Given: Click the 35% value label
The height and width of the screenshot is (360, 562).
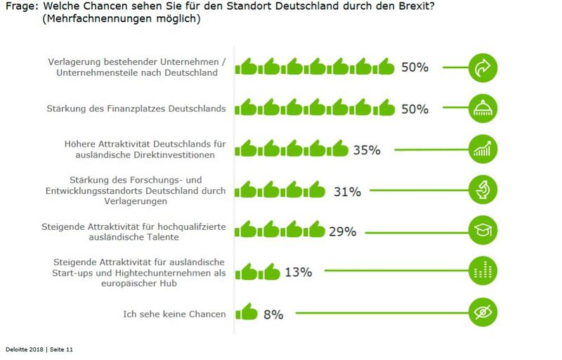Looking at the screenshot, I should point(366,150).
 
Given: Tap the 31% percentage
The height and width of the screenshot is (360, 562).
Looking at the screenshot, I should point(347,191).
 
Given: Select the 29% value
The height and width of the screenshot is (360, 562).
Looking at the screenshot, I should point(342,231).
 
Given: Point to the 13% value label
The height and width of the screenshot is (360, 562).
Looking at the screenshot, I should point(298,272).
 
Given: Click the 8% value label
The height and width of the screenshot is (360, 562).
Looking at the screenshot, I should point(273,314).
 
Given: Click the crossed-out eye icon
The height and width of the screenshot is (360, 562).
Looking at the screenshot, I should point(483,311).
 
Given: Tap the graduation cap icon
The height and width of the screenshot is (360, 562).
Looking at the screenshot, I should point(483,231).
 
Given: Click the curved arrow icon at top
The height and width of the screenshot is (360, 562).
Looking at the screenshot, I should point(483,68).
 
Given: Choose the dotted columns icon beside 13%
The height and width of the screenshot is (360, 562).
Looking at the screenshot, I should point(483,271).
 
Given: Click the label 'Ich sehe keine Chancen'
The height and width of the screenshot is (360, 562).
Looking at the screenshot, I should point(174,314).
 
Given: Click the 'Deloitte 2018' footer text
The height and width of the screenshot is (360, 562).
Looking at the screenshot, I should point(22,349).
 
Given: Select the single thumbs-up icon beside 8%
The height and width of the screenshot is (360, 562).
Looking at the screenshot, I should point(246,311).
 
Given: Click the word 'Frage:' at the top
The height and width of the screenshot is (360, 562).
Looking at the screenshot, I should point(21,6).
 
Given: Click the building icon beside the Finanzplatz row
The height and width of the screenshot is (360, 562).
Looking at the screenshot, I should point(483,108).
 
